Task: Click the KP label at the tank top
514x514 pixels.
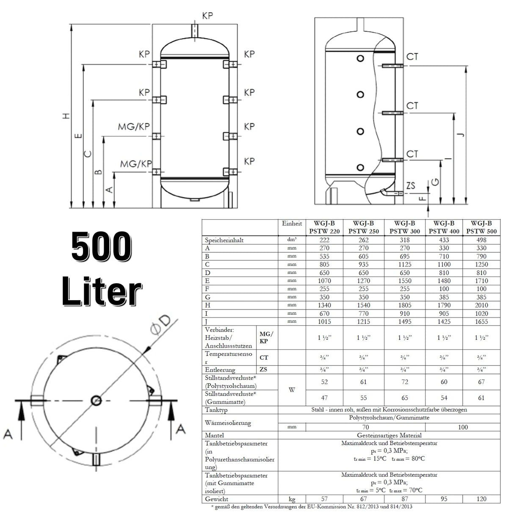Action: tap(207, 16)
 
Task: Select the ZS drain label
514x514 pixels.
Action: tap(410, 185)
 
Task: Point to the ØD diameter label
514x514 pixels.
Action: tap(160, 326)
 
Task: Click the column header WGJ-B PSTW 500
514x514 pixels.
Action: tap(481, 227)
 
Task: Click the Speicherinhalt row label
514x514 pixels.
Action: tap(224, 240)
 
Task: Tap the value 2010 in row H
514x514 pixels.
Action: tap(481, 305)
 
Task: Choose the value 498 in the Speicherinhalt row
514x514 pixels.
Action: tap(481, 240)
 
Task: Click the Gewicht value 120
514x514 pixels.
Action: tap(481, 499)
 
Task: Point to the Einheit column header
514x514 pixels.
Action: tap(292, 224)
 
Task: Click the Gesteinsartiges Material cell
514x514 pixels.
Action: tap(389, 435)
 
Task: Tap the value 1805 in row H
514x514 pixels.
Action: tap(404, 305)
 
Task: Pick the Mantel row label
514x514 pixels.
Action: tap(215, 435)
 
